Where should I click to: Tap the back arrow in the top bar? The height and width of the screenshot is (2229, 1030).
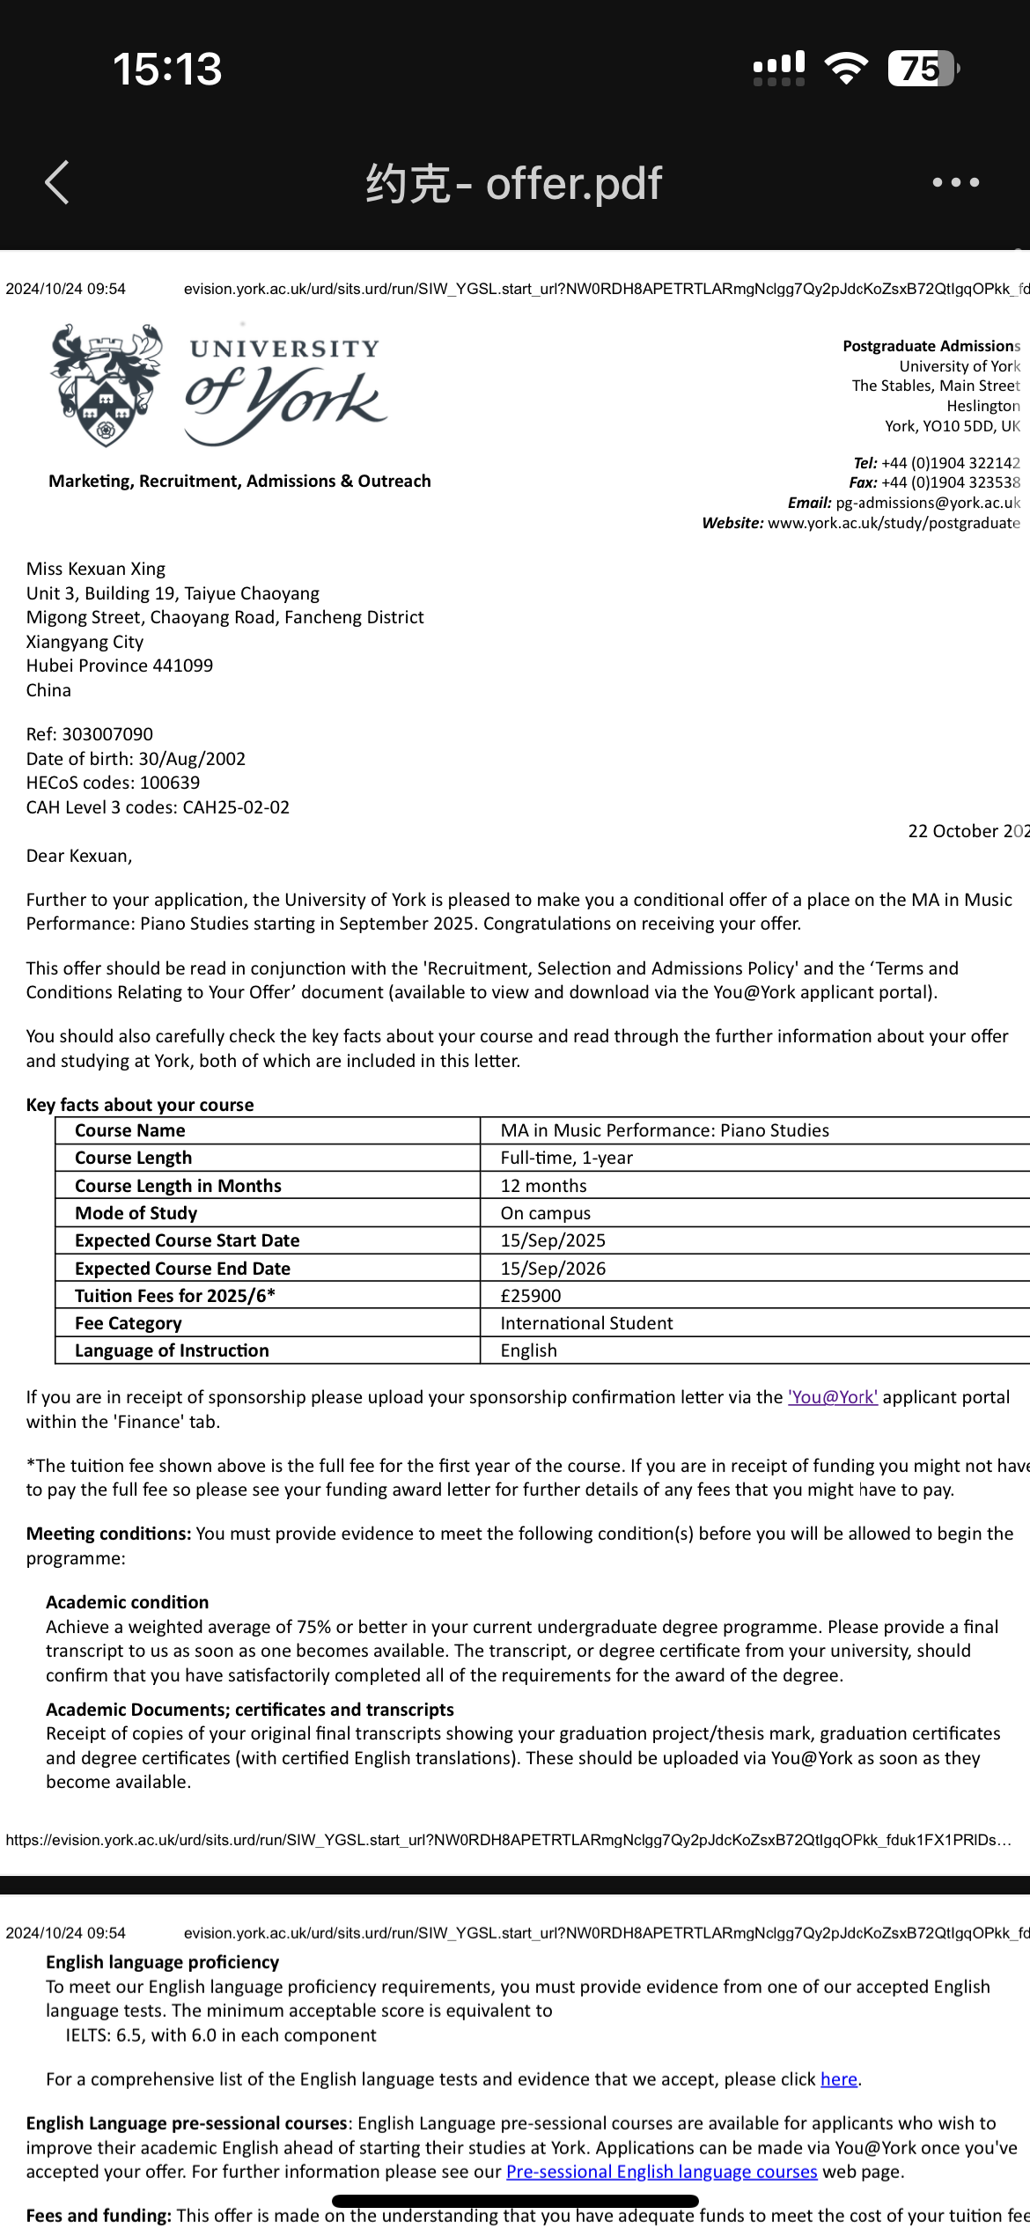point(57,183)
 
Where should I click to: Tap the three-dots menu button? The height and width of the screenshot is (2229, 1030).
point(955,182)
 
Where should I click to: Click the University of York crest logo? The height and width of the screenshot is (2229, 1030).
point(107,385)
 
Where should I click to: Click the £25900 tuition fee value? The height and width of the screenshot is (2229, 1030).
point(531,1296)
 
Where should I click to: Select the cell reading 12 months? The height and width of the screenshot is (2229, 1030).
point(543,1186)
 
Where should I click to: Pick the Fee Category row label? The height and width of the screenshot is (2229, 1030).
point(129,1323)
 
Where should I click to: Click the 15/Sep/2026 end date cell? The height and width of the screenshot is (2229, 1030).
point(553,1269)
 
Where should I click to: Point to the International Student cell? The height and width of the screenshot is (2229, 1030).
point(586,1323)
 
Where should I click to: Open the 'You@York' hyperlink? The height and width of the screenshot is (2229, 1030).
point(832,1397)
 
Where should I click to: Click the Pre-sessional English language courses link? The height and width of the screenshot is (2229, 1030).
point(661,2172)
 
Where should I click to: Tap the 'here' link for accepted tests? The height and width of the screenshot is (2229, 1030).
point(838,2079)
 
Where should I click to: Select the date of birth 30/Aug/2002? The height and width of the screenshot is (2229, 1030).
point(191,759)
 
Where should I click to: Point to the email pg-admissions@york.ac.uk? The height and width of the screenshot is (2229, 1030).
point(927,503)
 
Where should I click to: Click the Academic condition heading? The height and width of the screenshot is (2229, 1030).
point(128,1602)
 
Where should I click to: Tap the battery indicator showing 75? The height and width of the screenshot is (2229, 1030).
point(923,69)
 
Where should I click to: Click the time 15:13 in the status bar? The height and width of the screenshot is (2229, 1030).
point(167,69)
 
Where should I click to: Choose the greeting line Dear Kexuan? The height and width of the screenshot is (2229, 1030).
point(79,856)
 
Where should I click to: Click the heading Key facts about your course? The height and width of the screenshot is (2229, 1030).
point(140,1105)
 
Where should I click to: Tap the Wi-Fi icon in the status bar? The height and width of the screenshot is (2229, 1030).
point(846,68)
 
